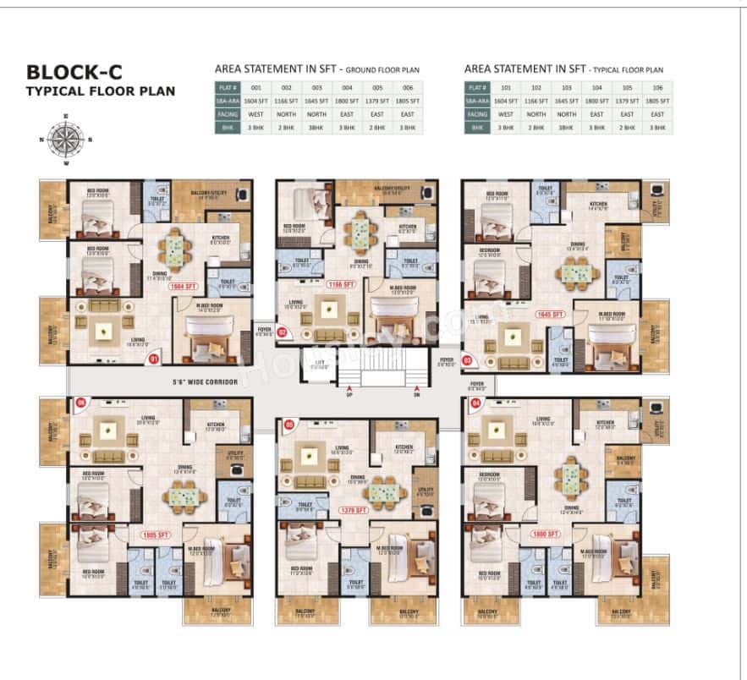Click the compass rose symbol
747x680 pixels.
pos(60,140)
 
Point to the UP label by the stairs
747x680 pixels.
pos(349,394)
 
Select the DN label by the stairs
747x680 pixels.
pos(417,394)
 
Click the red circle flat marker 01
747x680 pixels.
pos(154,359)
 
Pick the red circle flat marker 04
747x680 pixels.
pos(475,402)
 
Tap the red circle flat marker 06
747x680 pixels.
pos(81,403)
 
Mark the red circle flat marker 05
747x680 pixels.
pos(288,425)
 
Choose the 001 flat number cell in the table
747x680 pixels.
pos(256,86)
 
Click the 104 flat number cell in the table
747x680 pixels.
pos(597,86)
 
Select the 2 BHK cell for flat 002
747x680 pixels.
pos(287,127)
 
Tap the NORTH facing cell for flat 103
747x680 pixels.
pos(566,113)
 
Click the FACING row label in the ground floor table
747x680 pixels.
pos(227,113)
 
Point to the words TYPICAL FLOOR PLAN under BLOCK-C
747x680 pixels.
pos(100,91)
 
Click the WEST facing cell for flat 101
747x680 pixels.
pos(506,113)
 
